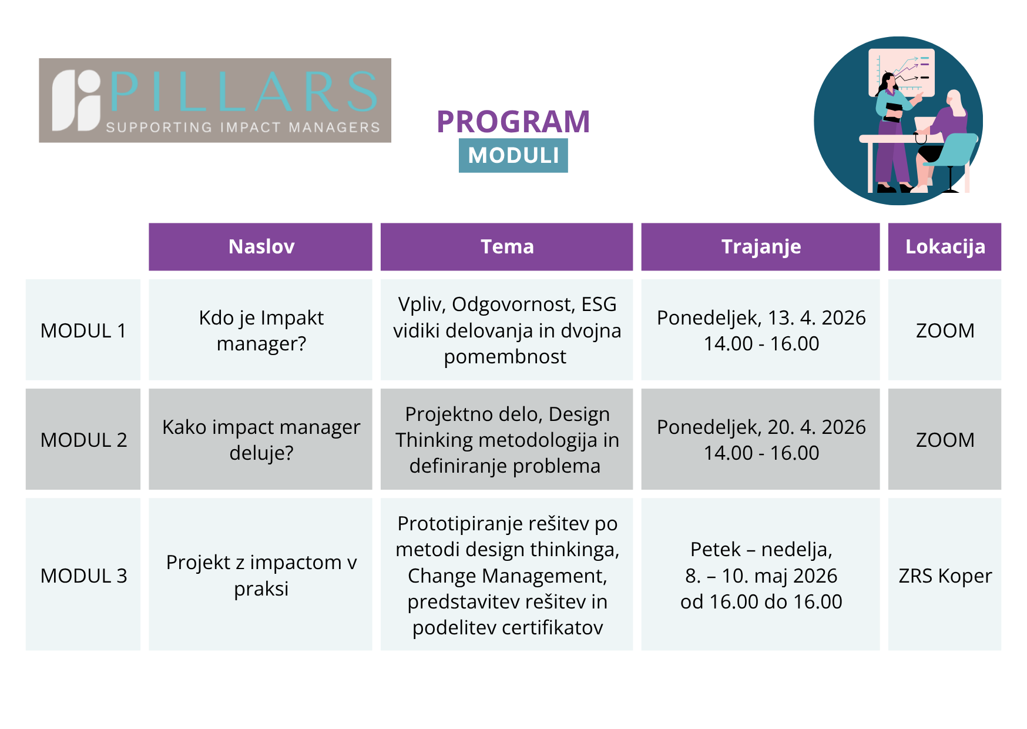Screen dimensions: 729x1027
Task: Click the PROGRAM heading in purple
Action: (513, 122)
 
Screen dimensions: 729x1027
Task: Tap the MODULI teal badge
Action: (513, 155)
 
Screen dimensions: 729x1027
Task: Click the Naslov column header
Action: (260, 246)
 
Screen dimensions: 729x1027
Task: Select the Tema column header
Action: (506, 246)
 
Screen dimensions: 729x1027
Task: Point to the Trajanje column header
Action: (760, 246)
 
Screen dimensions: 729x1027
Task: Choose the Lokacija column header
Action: (944, 246)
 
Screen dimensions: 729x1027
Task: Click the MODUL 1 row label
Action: (83, 330)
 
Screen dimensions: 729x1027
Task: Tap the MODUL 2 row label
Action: (83, 440)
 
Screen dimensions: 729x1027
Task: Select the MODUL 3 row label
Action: (83, 576)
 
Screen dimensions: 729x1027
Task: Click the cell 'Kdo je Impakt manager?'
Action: (261, 330)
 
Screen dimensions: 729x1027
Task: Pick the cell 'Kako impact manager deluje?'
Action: (261, 440)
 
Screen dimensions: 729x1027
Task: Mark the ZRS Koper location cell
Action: (945, 576)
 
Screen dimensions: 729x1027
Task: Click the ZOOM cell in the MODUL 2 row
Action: (945, 440)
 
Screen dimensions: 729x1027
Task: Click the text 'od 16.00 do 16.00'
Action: (761, 601)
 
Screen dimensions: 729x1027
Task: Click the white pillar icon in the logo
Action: (77, 101)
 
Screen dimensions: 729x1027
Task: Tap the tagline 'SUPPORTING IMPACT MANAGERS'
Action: (243, 127)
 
